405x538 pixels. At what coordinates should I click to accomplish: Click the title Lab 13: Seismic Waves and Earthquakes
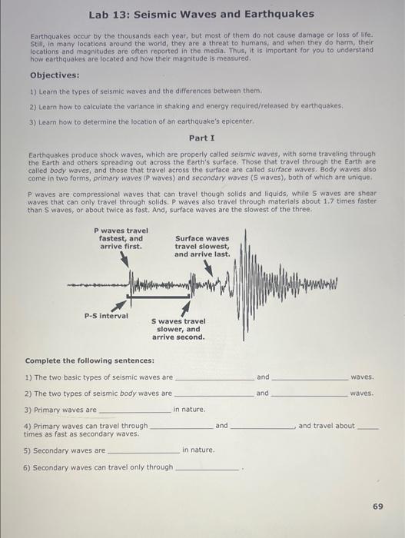tap(201, 15)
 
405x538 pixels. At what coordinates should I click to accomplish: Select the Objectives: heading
tap(55, 75)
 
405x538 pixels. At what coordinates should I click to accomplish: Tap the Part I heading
tap(201, 138)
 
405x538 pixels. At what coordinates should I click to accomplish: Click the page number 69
tap(377, 506)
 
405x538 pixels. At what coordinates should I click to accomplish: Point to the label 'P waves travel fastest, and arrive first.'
tap(121, 238)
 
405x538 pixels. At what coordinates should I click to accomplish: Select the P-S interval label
tap(106, 315)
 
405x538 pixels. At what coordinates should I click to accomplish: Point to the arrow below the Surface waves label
tap(210, 266)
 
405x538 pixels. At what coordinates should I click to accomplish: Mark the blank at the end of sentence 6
tap(208, 470)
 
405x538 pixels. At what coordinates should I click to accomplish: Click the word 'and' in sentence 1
tap(263, 377)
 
